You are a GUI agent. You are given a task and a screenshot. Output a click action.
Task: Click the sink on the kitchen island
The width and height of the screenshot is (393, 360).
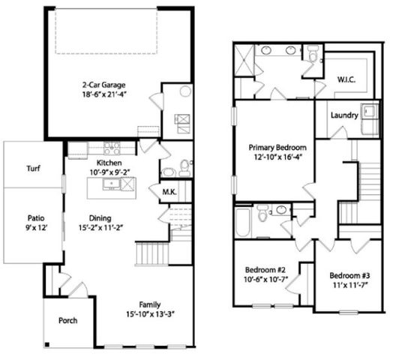click(x=112, y=181)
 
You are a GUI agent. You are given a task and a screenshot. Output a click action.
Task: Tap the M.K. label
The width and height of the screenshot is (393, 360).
click(x=169, y=192)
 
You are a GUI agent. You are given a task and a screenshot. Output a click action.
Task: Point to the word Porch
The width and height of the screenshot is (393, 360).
click(x=69, y=320)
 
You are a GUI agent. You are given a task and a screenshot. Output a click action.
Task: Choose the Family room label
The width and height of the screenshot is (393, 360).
click(x=149, y=304)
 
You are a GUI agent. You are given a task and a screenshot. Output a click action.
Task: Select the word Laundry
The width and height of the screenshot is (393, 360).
click(x=344, y=115)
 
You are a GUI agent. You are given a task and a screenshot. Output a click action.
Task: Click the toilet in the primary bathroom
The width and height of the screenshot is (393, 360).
click(x=313, y=52)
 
